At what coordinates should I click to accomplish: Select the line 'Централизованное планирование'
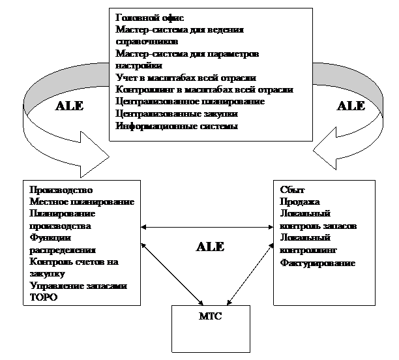[190, 101]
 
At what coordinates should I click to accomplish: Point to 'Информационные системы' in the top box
[176, 125]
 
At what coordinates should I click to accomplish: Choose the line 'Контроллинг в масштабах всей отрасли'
[204, 89]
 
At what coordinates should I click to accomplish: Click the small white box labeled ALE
[210, 247]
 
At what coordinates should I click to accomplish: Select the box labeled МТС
[209, 329]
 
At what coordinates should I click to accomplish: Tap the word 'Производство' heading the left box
[57, 190]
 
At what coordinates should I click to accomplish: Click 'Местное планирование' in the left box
[82, 202]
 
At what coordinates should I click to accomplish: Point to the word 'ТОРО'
[44, 297]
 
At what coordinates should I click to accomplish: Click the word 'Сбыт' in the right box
[291, 190]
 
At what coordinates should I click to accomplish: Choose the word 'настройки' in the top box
[138, 65]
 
